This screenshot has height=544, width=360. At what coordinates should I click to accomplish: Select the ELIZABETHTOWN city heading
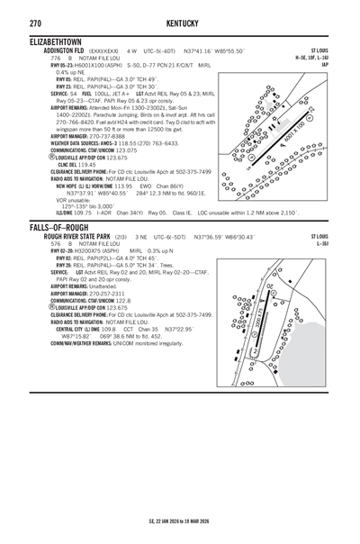pos(56,42)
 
